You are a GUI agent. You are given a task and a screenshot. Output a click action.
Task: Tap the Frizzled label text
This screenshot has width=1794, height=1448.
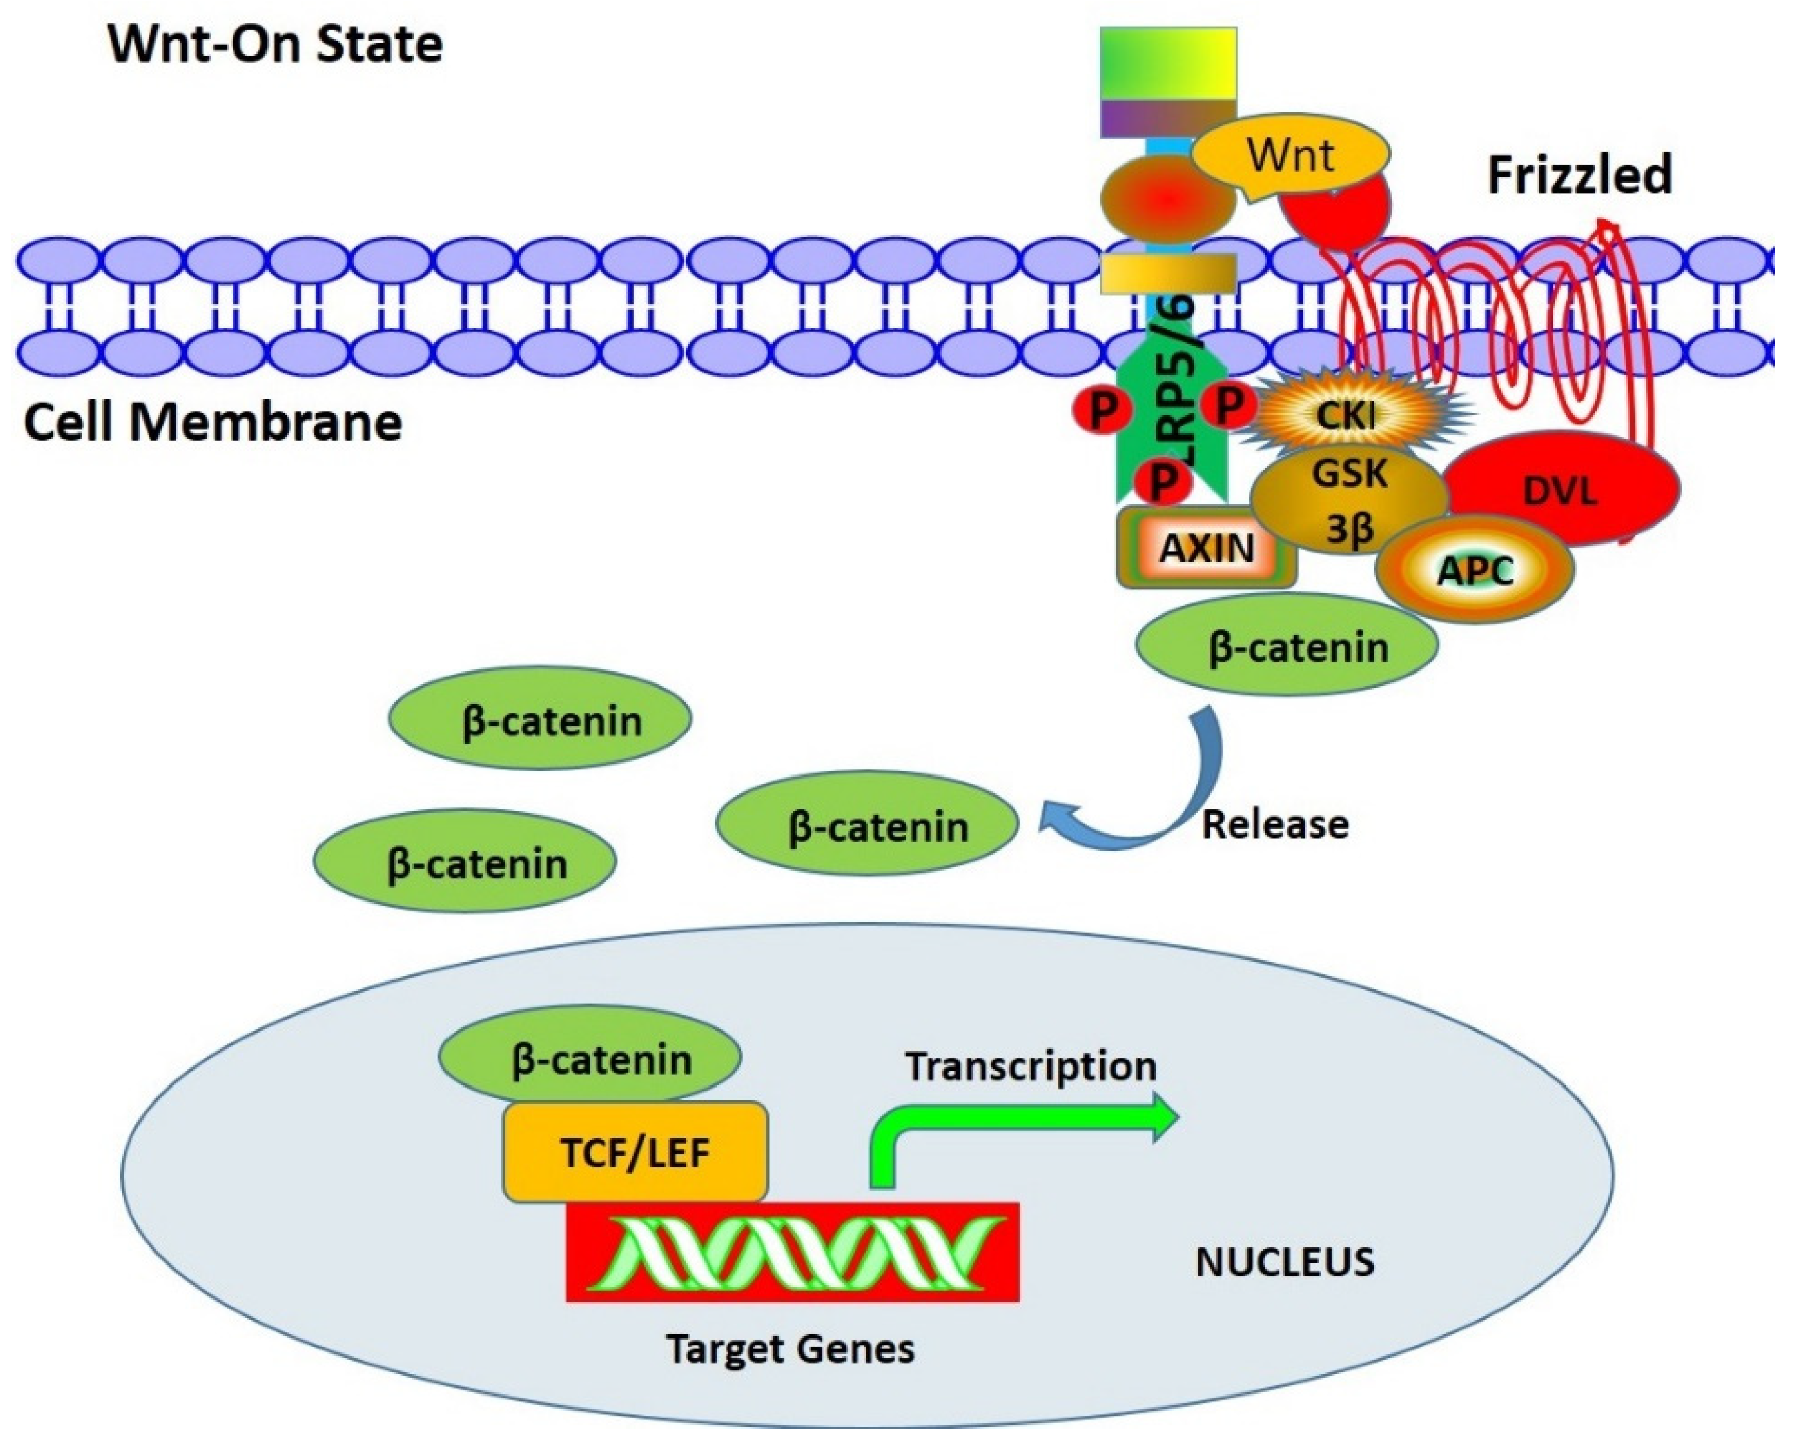pyautogui.click(x=1579, y=175)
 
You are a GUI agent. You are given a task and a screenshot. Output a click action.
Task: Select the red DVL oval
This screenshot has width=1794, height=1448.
pyautogui.click(x=1561, y=490)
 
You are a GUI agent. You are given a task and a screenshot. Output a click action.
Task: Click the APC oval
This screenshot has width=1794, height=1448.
pyautogui.click(x=1475, y=571)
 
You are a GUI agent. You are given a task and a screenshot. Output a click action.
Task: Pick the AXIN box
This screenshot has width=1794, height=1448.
pyautogui.click(x=1206, y=548)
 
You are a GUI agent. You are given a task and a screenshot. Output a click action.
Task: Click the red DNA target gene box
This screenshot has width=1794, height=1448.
pyautogui.click(x=792, y=1251)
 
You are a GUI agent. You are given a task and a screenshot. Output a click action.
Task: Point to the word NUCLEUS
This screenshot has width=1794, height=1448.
pyautogui.click(x=1285, y=1262)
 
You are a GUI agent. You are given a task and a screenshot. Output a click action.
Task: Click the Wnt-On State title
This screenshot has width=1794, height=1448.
pyautogui.click(x=275, y=43)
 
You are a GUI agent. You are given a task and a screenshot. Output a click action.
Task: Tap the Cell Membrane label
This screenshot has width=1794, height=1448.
pyautogui.click(x=213, y=422)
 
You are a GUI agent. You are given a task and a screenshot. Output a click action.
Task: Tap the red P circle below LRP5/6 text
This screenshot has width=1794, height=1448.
pyautogui.click(x=1164, y=480)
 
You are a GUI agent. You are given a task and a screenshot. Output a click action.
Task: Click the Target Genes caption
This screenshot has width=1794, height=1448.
pyautogui.click(x=790, y=1349)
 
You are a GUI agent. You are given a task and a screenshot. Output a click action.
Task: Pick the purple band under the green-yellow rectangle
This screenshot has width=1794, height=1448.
pyautogui.click(x=1167, y=118)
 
